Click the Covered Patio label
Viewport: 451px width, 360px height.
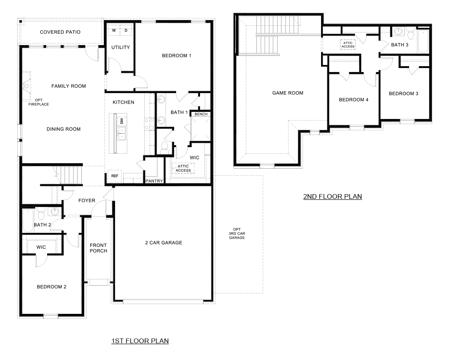(x=60, y=32)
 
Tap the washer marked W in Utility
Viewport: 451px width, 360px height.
(x=114, y=30)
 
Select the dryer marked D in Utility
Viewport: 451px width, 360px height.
(x=126, y=30)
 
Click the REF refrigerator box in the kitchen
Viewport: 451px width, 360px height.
(x=115, y=176)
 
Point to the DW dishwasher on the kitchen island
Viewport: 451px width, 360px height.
(x=122, y=121)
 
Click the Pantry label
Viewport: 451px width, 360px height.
(x=154, y=181)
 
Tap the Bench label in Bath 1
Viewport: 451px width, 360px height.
(x=201, y=114)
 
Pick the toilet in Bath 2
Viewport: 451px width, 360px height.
(x=41, y=214)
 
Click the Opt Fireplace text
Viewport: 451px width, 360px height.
(x=38, y=102)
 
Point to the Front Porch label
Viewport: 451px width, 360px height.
(x=98, y=248)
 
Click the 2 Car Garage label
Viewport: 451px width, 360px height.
(x=164, y=243)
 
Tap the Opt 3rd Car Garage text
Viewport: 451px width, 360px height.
(x=237, y=234)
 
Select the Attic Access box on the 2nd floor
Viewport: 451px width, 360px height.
(x=348, y=45)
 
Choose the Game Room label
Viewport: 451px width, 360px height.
(x=288, y=93)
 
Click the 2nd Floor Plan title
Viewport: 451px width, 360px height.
(x=332, y=196)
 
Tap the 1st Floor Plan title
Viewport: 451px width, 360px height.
(x=140, y=341)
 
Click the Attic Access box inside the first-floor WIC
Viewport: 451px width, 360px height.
(x=183, y=168)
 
